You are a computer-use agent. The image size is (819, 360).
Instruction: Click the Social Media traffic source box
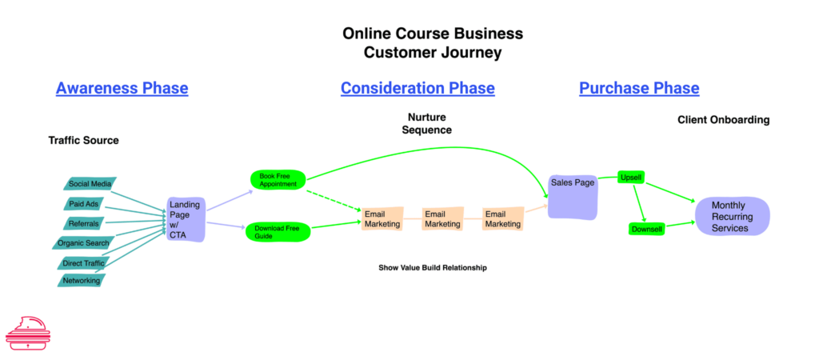[89, 184]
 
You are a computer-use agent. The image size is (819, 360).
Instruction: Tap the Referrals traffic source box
[84, 223]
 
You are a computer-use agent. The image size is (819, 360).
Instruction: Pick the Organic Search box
[82, 243]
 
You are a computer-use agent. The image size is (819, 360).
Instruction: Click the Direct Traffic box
[84, 262]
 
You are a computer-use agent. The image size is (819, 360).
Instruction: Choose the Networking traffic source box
[81, 281]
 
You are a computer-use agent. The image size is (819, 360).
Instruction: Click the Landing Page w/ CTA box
[186, 219]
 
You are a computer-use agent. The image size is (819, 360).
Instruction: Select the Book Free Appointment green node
[278, 179]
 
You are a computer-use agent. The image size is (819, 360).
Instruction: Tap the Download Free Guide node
[277, 232]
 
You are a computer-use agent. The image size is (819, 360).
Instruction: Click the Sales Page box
[573, 196]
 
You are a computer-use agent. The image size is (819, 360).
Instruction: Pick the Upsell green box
[631, 177]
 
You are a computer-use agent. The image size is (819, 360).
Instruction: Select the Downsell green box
[646, 230]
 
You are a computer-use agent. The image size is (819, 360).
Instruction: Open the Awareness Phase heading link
[122, 88]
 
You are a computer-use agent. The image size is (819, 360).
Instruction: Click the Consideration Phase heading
[417, 88]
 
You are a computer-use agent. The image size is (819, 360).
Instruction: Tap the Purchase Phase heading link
[639, 88]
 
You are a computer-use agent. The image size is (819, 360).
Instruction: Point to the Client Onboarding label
[723, 120]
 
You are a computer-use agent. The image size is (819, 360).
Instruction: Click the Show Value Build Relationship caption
[432, 268]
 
